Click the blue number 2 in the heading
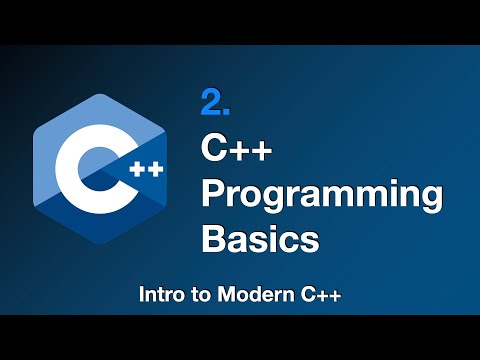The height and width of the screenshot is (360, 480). [x=211, y=103]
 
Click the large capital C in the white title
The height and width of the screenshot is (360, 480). [x=214, y=152]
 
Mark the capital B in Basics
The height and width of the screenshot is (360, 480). [x=213, y=239]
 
